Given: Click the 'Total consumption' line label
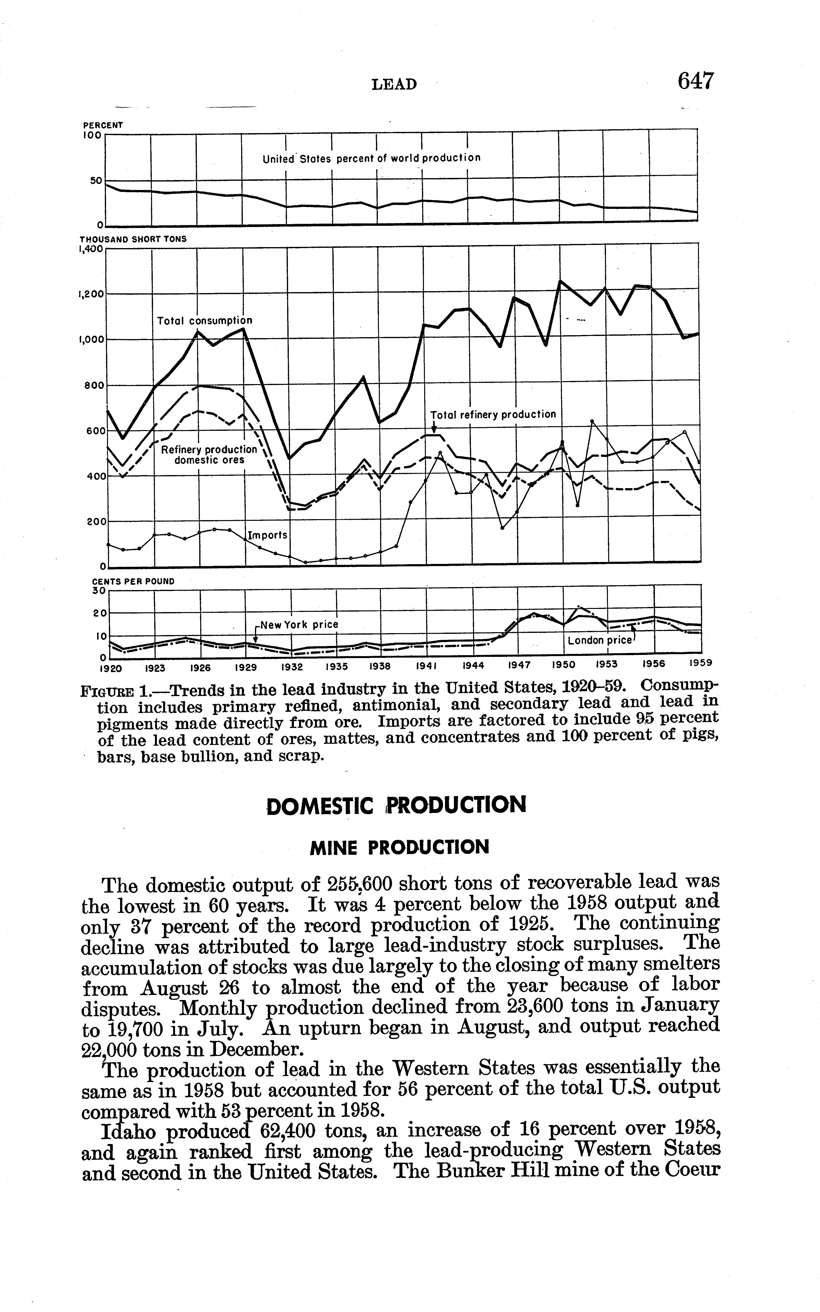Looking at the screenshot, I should click(x=205, y=321).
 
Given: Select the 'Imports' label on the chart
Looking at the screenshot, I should click(x=267, y=535).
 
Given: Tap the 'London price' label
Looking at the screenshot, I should click(x=600, y=640).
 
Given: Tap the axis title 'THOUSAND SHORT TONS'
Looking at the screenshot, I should click(x=133, y=239).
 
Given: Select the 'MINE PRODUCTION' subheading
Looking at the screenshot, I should click(x=399, y=847).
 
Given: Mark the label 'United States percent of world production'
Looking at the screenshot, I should click(x=371, y=158).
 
